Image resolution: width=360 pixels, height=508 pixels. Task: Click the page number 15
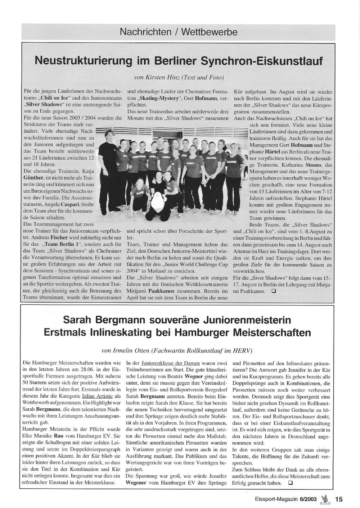point(339,499)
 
